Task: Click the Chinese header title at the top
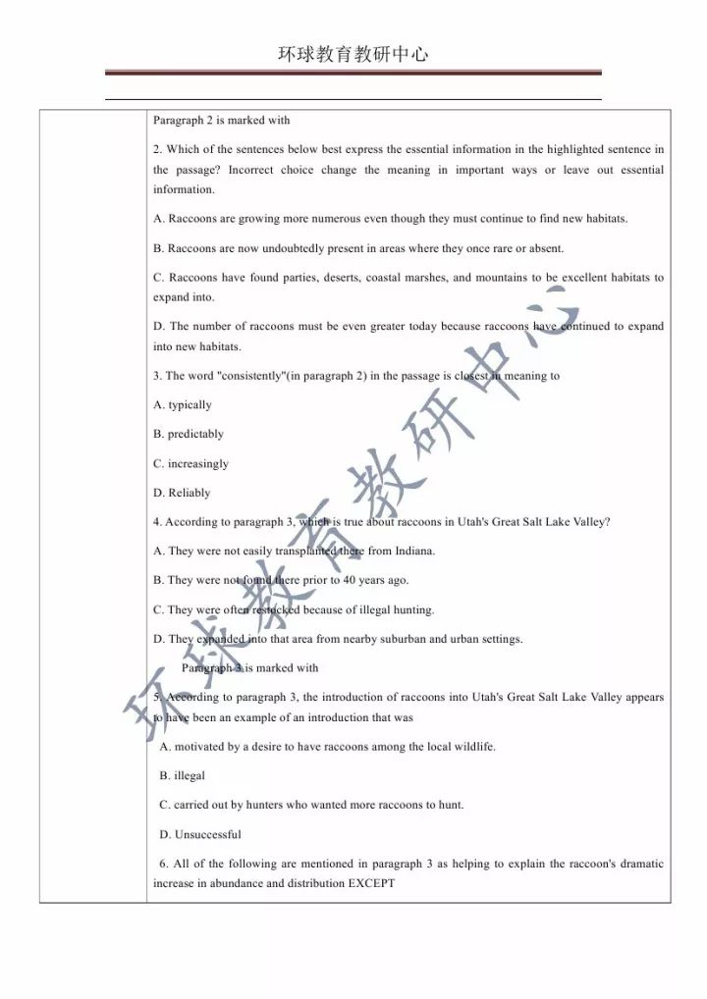click(353, 54)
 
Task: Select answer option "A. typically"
click(183, 405)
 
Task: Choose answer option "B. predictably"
click(189, 434)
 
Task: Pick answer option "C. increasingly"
click(190, 463)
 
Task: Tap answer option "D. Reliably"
click(182, 493)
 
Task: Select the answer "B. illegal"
click(183, 775)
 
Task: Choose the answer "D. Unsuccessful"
click(200, 834)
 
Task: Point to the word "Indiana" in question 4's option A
click(415, 551)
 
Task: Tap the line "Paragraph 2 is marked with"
click(221, 121)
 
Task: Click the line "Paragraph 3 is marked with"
click(250, 668)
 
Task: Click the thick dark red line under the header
click(353, 73)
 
